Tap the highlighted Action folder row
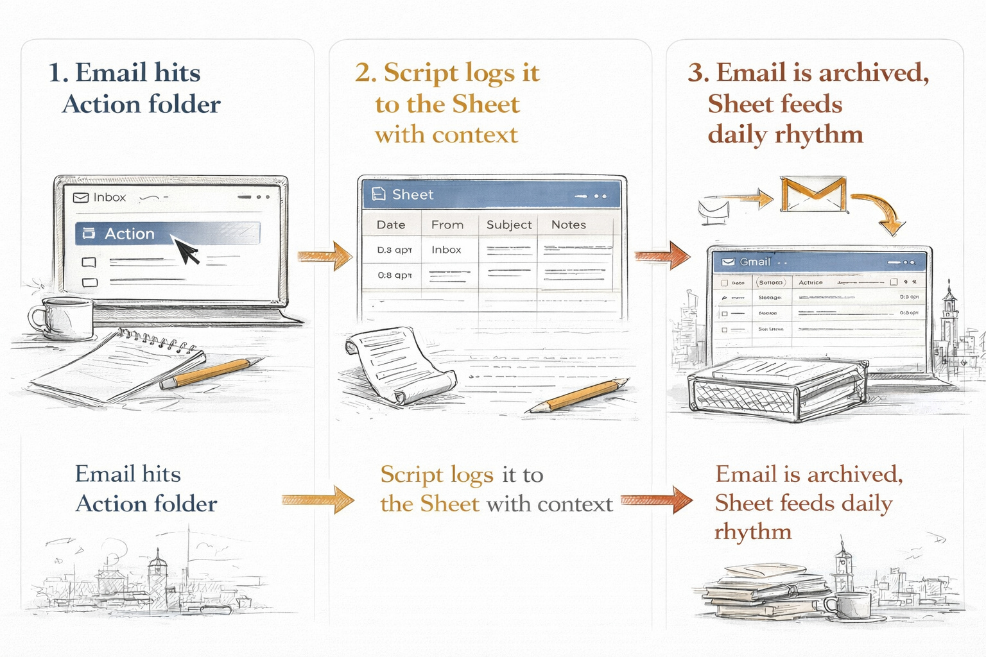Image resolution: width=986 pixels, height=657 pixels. coord(167,234)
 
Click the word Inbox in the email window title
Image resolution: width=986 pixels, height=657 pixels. coord(109,198)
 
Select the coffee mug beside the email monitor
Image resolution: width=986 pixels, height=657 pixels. coord(61,318)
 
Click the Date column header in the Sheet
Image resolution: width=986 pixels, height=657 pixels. coord(391,225)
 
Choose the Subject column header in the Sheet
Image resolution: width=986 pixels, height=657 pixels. coord(509,225)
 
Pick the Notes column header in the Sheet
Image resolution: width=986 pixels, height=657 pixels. coord(569,225)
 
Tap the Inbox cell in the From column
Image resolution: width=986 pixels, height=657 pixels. coord(446,250)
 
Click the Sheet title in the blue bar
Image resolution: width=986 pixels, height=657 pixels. coord(413,194)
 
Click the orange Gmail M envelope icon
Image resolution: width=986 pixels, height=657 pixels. coord(813,194)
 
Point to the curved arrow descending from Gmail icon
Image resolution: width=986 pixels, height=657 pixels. coord(883,212)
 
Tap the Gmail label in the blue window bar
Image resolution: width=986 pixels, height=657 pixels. coord(754,262)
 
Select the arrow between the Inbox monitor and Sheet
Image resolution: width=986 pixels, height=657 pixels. coord(326,257)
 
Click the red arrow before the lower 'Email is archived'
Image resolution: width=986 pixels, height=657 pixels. coord(657,500)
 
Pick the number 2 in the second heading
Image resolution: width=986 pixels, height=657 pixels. coord(364,73)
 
